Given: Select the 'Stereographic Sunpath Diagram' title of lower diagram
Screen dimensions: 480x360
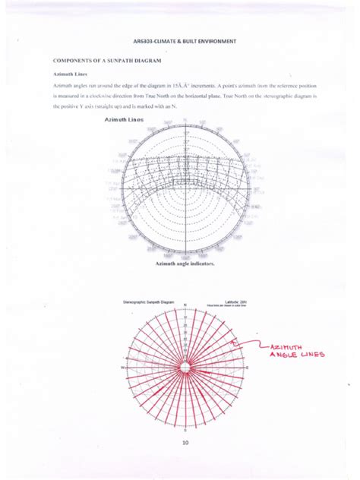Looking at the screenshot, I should pos(150,302).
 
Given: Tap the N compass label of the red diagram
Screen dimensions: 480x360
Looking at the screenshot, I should pos(185,308).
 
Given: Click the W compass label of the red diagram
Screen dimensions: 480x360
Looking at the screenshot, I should pos(122,368).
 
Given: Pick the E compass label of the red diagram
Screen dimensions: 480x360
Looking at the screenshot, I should pos(248,368).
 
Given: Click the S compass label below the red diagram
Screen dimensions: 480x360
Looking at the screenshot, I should pos(185,429).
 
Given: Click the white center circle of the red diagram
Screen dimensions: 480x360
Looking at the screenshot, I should pos(185,368).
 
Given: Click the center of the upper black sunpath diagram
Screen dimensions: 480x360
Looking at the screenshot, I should pos(185,189).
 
